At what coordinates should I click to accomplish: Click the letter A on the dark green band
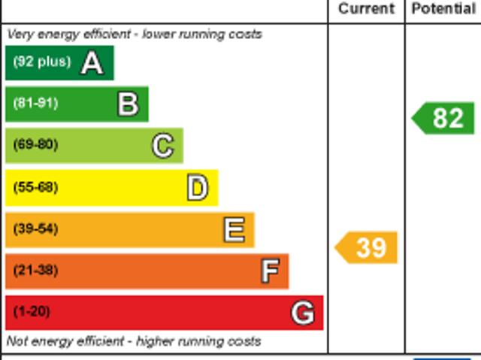point(92,63)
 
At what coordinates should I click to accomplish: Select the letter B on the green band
point(128,104)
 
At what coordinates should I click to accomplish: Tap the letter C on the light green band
point(162,146)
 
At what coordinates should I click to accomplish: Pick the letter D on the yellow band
point(197,188)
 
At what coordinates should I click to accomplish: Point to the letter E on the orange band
point(234,229)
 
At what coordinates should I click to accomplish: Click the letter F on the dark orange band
point(269,271)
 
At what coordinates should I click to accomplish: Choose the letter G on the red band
point(302,312)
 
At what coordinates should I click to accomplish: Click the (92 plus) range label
point(42,62)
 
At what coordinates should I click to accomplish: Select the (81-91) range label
point(35,104)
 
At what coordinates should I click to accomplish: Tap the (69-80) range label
point(35,145)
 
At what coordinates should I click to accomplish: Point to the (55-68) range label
point(35,187)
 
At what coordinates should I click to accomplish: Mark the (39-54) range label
point(35,228)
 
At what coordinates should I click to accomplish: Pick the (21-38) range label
point(35,270)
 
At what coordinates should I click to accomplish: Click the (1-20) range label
point(32,311)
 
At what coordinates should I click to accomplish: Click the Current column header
point(366,9)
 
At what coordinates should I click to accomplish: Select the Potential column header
point(443,9)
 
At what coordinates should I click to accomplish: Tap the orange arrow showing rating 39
point(367,247)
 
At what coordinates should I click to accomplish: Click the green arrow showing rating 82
point(444,119)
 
